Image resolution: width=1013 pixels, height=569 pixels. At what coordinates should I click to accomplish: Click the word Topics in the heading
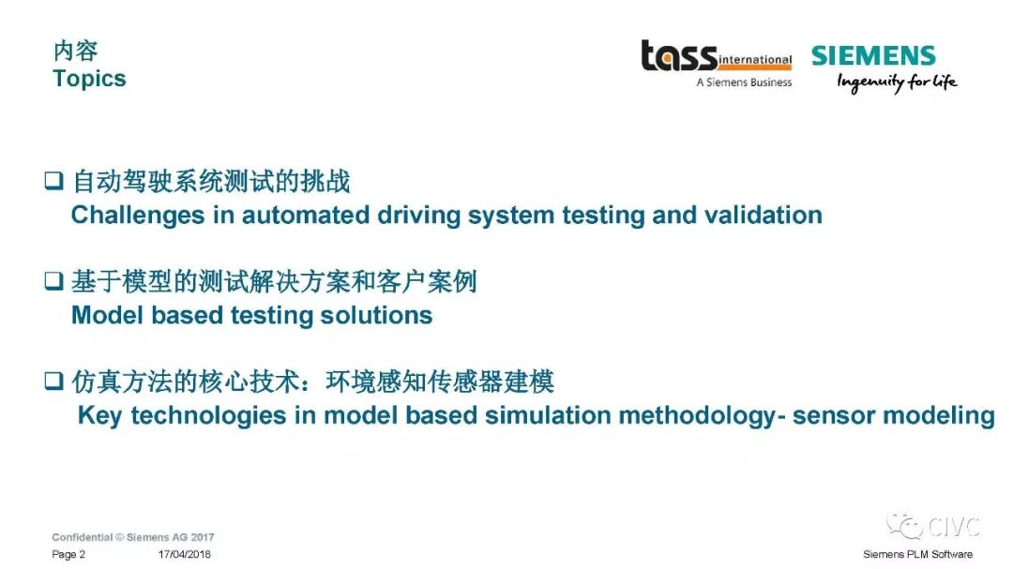click(89, 79)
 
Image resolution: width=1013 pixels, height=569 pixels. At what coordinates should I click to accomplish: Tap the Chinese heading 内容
click(76, 51)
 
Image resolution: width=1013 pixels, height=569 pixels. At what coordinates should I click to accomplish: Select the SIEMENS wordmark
click(873, 55)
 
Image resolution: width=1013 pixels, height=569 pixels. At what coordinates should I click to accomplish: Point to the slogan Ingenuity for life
click(897, 82)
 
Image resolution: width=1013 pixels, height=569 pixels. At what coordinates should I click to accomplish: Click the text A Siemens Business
click(744, 82)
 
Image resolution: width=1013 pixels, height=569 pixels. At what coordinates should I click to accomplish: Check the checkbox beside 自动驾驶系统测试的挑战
click(53, 180)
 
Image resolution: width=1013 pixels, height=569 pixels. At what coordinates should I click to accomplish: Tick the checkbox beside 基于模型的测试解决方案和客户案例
click(53, 280)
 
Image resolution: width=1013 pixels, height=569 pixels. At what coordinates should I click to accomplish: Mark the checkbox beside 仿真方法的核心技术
click(53, 381)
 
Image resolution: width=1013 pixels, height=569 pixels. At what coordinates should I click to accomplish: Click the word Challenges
click(138, 216)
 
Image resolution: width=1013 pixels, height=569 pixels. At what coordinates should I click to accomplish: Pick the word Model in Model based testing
click(107, 315)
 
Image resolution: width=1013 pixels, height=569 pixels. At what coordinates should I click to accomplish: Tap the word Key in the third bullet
click(99, 415)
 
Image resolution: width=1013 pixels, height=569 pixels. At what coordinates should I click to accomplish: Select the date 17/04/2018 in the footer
click(184, 554)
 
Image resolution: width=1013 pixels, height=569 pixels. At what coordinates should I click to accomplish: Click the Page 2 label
click(68, 554)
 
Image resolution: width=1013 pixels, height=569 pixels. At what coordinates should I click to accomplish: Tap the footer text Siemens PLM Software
click(917, 554)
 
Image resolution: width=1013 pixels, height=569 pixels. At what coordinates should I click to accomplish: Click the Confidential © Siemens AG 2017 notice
click(133, 537)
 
